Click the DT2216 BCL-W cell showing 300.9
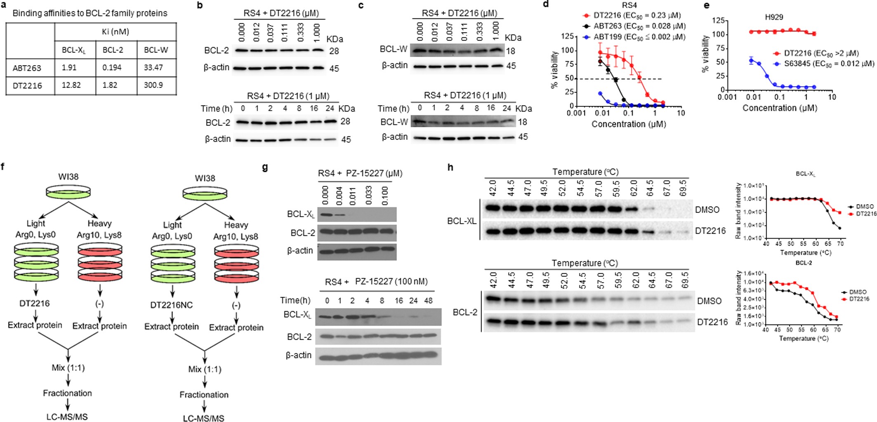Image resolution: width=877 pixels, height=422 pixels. click(153, 85)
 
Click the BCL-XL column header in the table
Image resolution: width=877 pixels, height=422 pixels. click(74, 50)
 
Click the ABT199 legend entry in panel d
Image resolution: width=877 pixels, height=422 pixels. click(635, 37)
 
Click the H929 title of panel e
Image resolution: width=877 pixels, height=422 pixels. click(774, 17)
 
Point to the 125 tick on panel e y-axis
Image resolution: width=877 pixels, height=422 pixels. click(719, 21)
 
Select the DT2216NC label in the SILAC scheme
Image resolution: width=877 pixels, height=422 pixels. click(172, 305)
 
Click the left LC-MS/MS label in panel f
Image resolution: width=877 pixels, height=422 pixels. click(67, 417)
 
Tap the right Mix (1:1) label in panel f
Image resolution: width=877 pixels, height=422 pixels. click(205, 369)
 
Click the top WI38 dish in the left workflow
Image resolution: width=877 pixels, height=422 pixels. click(68, 192)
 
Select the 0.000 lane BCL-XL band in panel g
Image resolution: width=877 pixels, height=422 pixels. click(325, 215)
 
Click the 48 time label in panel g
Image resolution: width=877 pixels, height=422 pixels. click(428, 300)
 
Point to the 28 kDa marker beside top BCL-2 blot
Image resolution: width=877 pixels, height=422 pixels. click(334, 51)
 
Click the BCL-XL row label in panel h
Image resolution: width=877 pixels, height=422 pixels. click(461, 221)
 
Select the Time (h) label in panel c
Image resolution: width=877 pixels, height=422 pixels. click(393, 108)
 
